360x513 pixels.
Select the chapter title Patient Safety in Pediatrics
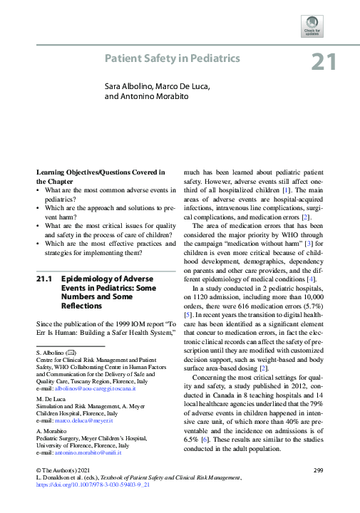(x=173, y=58)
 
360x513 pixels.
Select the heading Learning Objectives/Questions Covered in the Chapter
(x=101, y=177)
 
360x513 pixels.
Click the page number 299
(x=319, y=470)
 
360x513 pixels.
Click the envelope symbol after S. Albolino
(x=71, y=353)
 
